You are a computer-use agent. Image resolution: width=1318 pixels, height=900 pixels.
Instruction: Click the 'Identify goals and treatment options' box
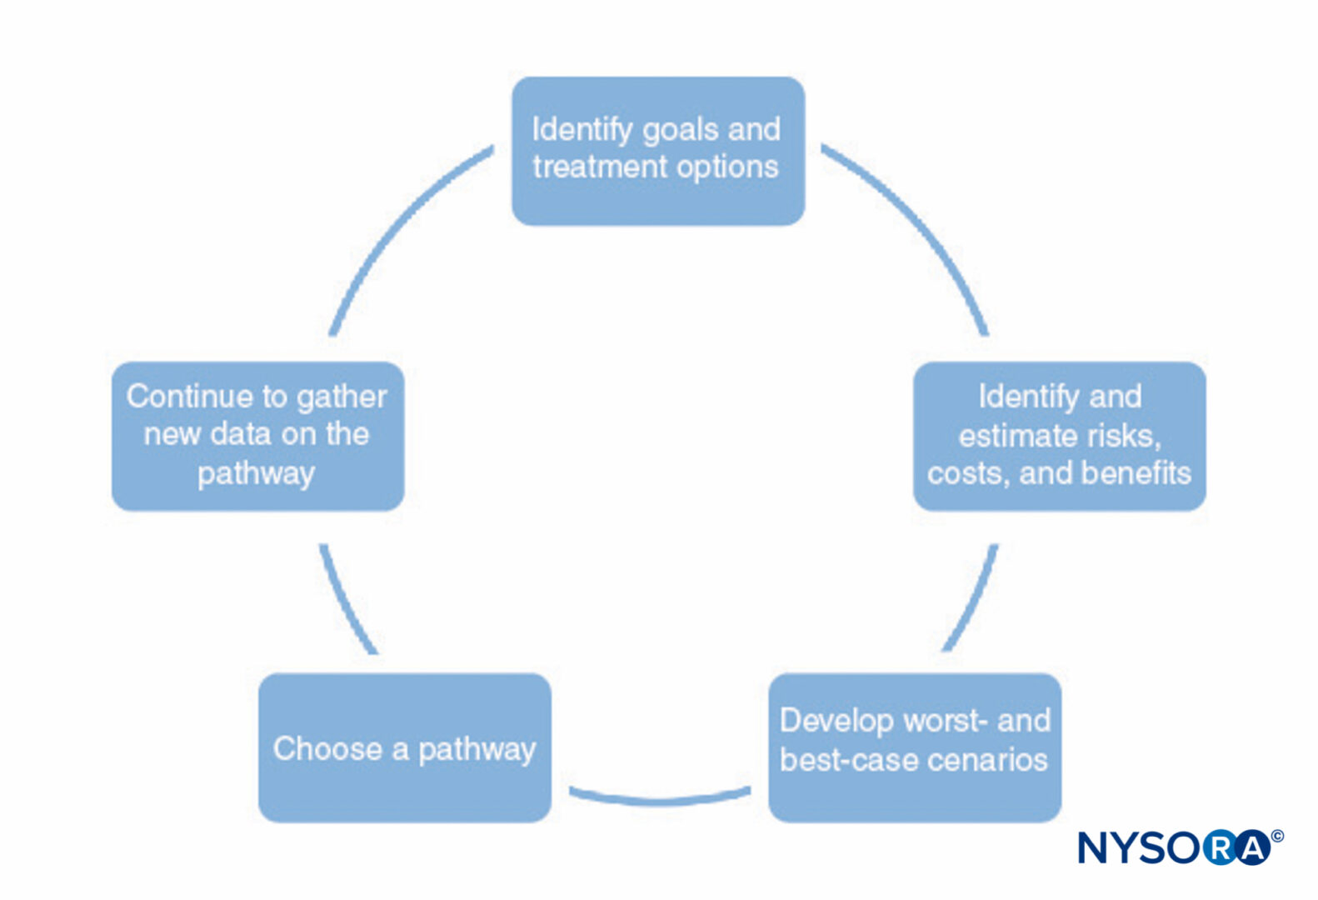tap(658, 152)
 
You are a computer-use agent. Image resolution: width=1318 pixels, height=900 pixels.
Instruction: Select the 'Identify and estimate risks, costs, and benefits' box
tap(1060, 436)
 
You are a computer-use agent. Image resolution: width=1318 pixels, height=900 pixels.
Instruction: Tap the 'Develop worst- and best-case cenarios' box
tap(915, 747)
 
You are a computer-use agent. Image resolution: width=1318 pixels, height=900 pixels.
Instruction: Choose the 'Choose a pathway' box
tap(405, 747)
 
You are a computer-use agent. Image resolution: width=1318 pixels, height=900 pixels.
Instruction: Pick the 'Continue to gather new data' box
tap(257, 436)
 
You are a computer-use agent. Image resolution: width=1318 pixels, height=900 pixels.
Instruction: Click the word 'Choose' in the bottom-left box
tap(327, 748)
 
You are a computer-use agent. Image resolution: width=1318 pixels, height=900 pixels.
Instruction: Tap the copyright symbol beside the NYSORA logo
tap(1277, 836)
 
